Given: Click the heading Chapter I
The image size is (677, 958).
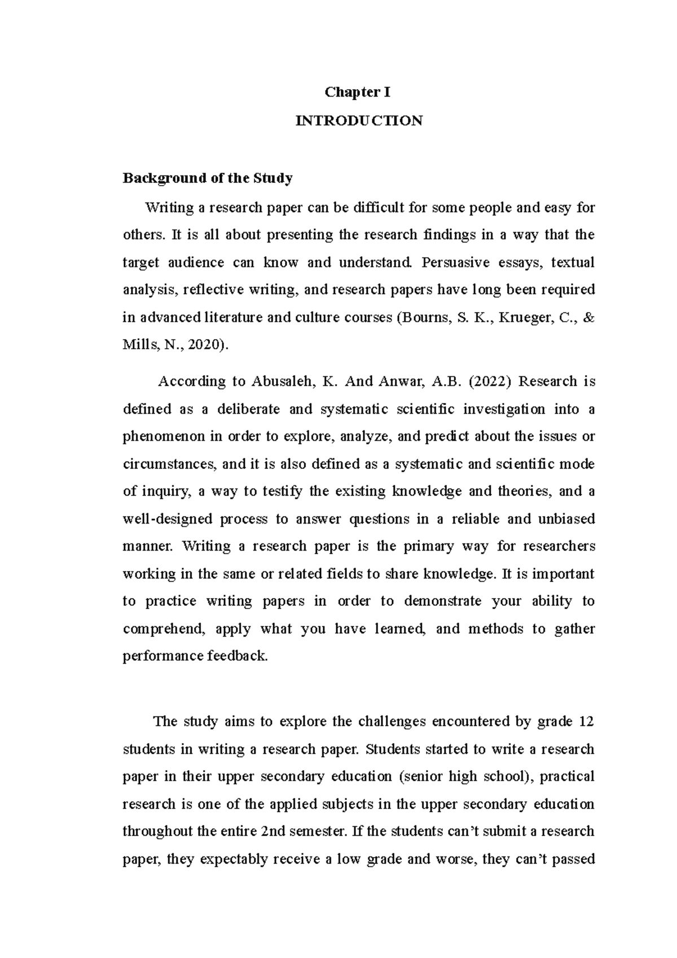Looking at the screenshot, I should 359,93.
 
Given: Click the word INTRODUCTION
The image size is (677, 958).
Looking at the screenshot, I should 359,121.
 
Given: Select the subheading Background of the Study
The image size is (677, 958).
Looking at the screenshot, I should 208,178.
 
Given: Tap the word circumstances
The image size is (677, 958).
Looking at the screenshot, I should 169,464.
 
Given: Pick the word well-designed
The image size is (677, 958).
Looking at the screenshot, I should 168,518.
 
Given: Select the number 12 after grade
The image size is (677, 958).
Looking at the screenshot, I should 587,721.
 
